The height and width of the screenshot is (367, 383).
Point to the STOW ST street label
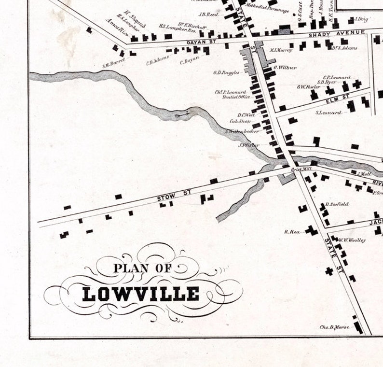click(x=175, y=195)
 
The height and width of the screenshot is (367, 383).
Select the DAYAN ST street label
click(x=198, y=42)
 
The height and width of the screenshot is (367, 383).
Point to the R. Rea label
click(x=292, y=232)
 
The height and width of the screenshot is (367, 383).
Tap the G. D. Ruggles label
click(x=226, y=73)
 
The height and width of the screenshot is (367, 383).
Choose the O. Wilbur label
click(x=285, y=68)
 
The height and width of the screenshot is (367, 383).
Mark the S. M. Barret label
click(x=113, y=62)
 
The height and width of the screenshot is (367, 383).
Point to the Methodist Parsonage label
click(x=267, y=10)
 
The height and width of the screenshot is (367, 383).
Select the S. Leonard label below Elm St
click(x=328, y=113)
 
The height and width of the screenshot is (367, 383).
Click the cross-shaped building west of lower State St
click(x=329, y=271)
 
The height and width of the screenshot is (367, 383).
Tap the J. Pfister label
click(x=249, y=145)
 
